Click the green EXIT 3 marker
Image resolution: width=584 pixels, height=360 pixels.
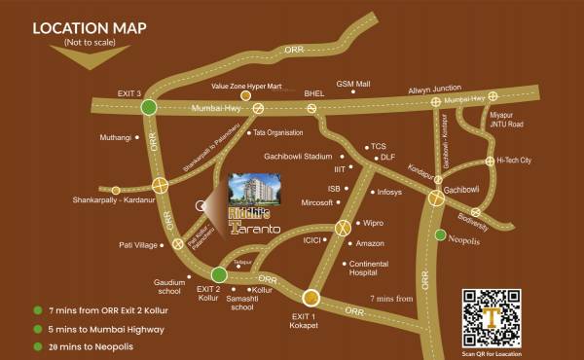point(148,107)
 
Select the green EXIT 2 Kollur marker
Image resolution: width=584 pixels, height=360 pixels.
point(219,275)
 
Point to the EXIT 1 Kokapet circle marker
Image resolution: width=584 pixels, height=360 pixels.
point(311,298)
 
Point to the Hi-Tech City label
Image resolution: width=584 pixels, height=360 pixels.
point(514,161)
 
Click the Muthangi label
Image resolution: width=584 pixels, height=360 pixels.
point(116,137)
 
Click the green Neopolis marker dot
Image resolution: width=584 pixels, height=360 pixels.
point(440,234)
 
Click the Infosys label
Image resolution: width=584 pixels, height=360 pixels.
point(388,192)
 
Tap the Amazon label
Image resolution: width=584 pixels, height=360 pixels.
point(371,242)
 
